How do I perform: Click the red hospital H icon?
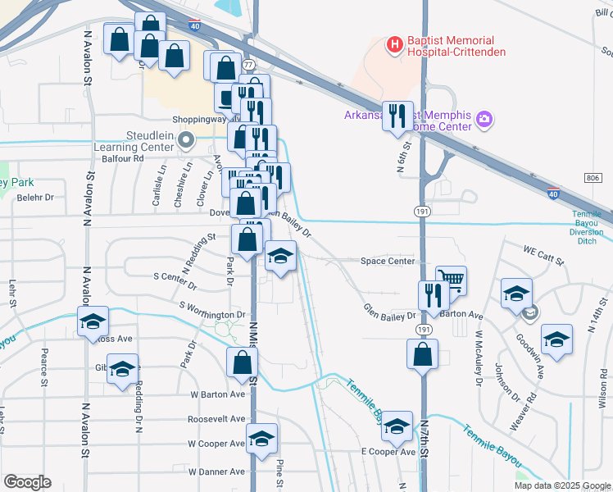pos(394,43)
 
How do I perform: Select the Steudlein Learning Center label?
pos(148,140)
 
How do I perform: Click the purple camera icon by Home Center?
pos(484,121)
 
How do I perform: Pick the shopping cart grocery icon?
pos(451,280)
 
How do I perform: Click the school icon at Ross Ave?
pos(93,321)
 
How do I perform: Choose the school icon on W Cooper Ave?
pos(262,438)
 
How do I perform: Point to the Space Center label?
pos(388,262)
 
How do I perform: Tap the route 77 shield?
pos(248,64)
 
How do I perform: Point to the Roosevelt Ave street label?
pos(216,418)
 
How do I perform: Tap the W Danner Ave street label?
pos(216,471)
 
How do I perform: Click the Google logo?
pos(27,482)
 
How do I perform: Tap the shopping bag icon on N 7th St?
pos(422,355)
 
